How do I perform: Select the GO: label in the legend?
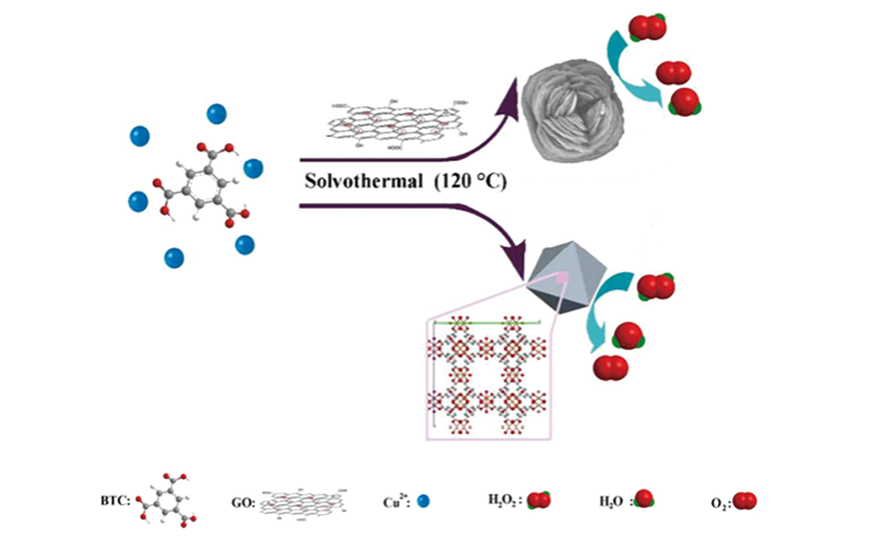click(x=240, y=500)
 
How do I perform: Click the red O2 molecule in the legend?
click(x=745, y=500)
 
